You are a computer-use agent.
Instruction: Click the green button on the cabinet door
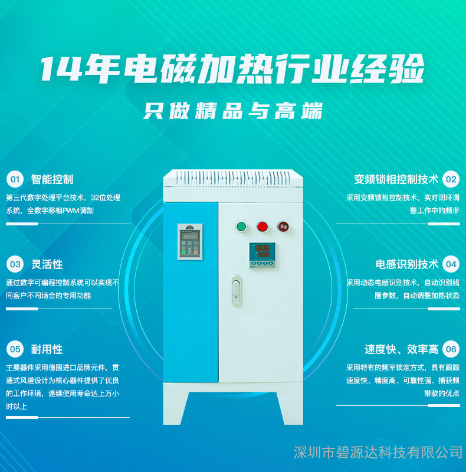point(241,227)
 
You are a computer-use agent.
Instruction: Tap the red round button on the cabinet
point(262,227)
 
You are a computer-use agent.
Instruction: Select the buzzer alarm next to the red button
point(283,227)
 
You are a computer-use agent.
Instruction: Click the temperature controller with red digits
point(262,255)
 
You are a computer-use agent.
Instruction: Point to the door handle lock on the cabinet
point(236,291)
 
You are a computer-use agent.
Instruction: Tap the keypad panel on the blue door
point(190,242)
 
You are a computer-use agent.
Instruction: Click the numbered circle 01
point(15,179)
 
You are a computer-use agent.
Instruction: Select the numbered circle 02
point(451,179)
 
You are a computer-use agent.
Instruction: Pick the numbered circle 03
point(15,264)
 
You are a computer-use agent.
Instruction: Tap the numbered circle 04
point(451,264)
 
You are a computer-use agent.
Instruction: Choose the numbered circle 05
point(15,349)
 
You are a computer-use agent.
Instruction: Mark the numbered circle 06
point(451,349)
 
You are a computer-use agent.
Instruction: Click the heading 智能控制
point(52,179)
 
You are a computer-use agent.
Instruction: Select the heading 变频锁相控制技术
point(396,179)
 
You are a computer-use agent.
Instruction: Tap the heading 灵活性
point(47,264)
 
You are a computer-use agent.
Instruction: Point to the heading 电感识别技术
point(407,264)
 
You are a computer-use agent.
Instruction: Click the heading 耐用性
point(47,349)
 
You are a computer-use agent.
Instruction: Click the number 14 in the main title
point(61,69)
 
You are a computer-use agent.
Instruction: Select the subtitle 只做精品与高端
point(233,111)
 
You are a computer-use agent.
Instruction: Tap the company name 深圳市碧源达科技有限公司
point(378,453)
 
